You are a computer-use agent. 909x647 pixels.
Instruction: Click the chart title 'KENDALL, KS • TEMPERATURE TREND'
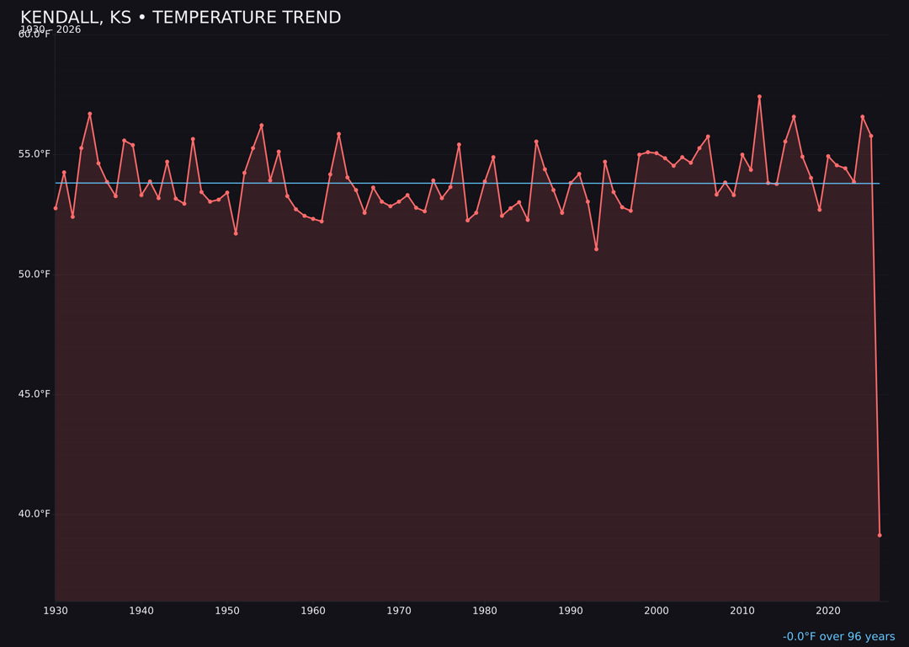pos(180,18)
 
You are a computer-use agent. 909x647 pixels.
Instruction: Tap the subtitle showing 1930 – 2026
pos(50,29)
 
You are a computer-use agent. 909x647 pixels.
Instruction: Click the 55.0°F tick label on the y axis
pos(35,154)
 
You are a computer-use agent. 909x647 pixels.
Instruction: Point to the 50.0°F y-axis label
pos(35,274)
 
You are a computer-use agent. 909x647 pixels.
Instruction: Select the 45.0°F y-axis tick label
pos(35,393)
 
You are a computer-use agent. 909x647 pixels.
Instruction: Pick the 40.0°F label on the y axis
pos(35,514)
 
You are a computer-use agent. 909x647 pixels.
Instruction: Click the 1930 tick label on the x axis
pos(56,611)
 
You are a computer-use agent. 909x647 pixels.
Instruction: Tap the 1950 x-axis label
pos(227,611)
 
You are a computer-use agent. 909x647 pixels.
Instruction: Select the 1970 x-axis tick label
pos(399,611)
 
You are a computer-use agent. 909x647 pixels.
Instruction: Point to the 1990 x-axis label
pos(571,611)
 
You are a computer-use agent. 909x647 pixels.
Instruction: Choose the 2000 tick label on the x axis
pos(656,611)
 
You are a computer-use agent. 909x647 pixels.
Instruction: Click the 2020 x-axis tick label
pos(828,611)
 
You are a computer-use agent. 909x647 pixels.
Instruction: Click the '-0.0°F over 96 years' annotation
pos(838,637)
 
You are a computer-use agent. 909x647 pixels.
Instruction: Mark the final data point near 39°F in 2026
pos(880,535)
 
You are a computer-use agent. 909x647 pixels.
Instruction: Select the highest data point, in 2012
pos(759,97)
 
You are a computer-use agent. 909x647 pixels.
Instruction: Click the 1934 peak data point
pos(90,114)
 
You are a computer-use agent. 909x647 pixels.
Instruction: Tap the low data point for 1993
pos(596,249)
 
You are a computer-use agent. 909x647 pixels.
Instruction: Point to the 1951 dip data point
pos(236,233)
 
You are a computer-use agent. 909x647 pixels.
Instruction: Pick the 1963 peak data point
pos(338,134)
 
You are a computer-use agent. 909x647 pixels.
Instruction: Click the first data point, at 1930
pos(56,208)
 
